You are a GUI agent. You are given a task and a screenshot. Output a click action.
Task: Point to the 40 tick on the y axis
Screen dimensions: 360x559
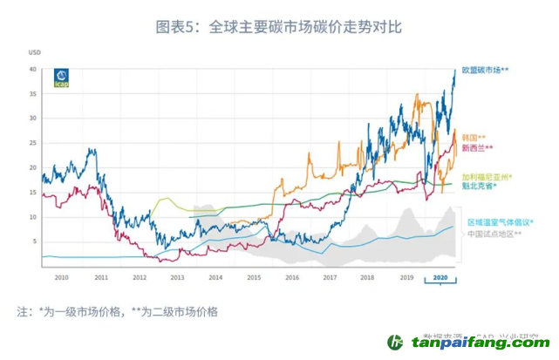coord(31,69)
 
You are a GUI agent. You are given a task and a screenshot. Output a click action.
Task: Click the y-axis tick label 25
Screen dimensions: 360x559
coord(31,143)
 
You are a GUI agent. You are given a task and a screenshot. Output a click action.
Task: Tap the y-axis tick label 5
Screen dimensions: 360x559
coord(33,241)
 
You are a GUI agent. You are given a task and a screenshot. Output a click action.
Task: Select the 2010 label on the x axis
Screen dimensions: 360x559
coord(61,276)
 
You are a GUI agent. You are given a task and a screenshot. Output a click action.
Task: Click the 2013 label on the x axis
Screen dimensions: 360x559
coord(176,276)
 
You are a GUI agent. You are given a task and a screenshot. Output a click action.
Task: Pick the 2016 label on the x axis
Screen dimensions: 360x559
coord(291,276)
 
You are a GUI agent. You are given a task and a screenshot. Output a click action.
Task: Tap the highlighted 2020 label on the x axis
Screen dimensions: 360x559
coord(440,276)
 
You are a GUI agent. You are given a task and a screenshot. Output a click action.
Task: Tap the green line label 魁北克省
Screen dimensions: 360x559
coord(480,187)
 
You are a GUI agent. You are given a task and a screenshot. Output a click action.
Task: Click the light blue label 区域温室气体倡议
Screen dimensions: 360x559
coord(500,222)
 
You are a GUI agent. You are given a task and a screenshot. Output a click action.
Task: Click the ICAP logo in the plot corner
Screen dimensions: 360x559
coord(62,78)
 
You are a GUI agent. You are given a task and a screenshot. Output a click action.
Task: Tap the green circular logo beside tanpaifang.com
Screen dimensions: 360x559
coord(397,343)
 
